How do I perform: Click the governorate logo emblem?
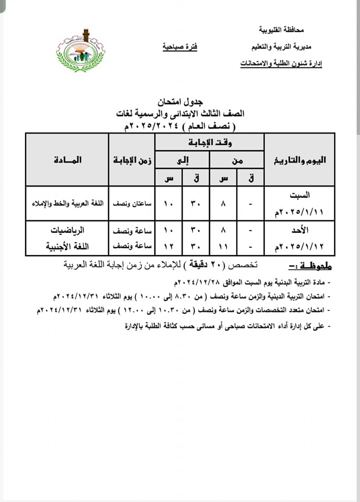(x=80, y=51)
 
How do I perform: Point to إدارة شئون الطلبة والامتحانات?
(x=281, y=64)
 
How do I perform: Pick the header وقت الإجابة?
(x=209, y=142)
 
